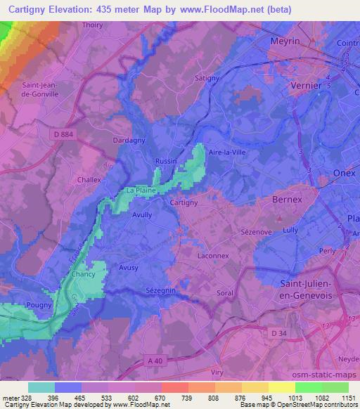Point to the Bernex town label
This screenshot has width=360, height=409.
pos(287,200)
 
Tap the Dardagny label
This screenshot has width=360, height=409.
pos(129,141)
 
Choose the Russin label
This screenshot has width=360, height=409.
pos(166,160)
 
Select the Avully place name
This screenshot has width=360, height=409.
pos(143,216)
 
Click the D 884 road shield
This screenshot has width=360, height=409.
pos(62,132)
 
